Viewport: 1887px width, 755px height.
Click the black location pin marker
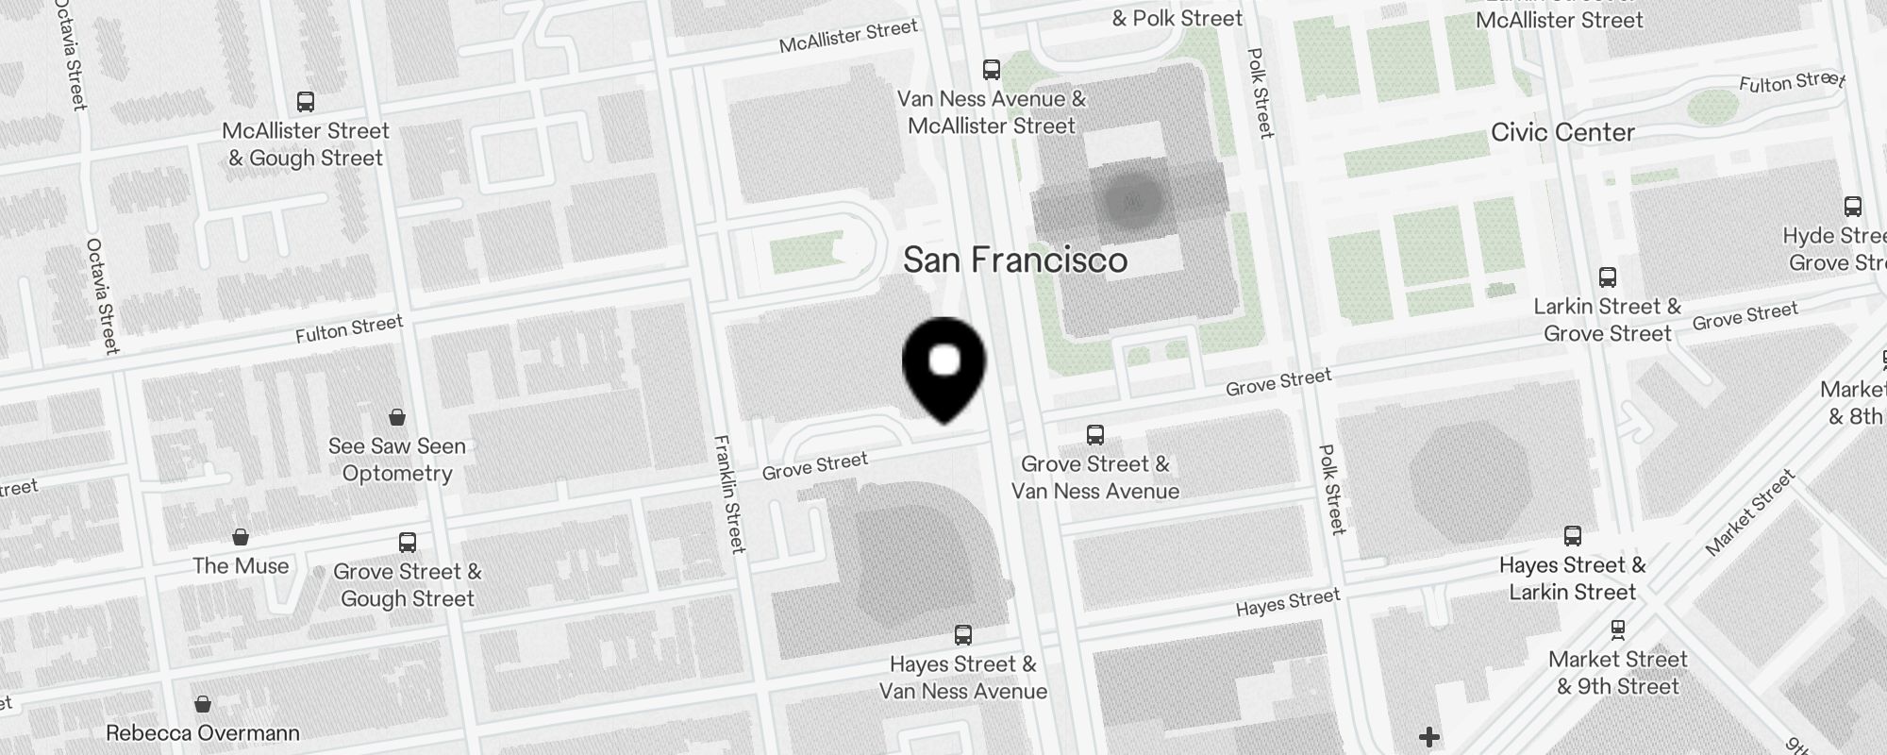(x=944, y=368)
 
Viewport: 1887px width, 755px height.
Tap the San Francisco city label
(x=1015, y=260)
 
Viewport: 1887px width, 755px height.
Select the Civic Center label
(x=1562, y=132)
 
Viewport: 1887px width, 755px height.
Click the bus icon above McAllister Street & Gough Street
(x=305, y=102)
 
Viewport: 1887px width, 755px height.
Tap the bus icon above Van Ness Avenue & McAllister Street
(x=991, y=69)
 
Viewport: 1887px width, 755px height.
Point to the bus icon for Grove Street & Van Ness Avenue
(x=1094, y=435)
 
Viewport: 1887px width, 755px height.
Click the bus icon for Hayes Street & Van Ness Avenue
(x=962, y=635)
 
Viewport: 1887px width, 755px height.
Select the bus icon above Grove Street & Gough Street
(x=407, y=543)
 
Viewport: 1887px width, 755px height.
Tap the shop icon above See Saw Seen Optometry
(x=397, y=417)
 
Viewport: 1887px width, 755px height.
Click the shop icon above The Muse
(x=241, y=537)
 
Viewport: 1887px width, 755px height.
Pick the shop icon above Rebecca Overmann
(x=202, y=704)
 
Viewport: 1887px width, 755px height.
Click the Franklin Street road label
(x=729, y=494)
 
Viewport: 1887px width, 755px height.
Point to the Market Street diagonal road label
(x=1750, y=513)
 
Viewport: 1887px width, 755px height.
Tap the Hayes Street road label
(x=1288, y=602)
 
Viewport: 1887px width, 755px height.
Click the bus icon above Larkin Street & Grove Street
(x=1608, y=277)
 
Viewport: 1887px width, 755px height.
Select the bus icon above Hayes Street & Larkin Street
(x=1572, y=536)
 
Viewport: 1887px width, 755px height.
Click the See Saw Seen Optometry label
(x=397, y=460)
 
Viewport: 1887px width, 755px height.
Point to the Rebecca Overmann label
(x=203, y=733)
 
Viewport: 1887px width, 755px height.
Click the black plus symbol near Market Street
(x=1428, y=736)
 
